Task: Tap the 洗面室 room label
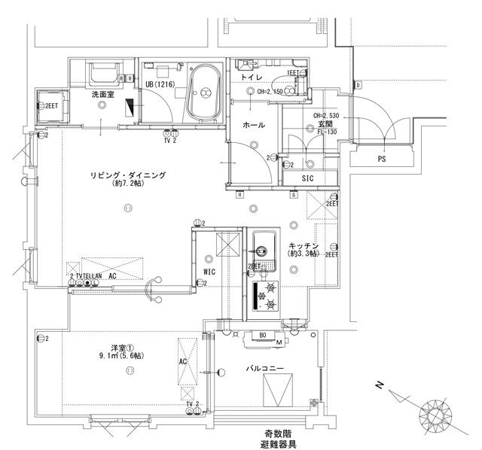point(103,95)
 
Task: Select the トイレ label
point(252,78)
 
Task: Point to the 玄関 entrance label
point(324,123)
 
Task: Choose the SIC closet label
point(307,178)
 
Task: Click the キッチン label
point(304,246)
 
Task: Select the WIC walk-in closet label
point(210,272)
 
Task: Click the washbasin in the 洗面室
point(103,74)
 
